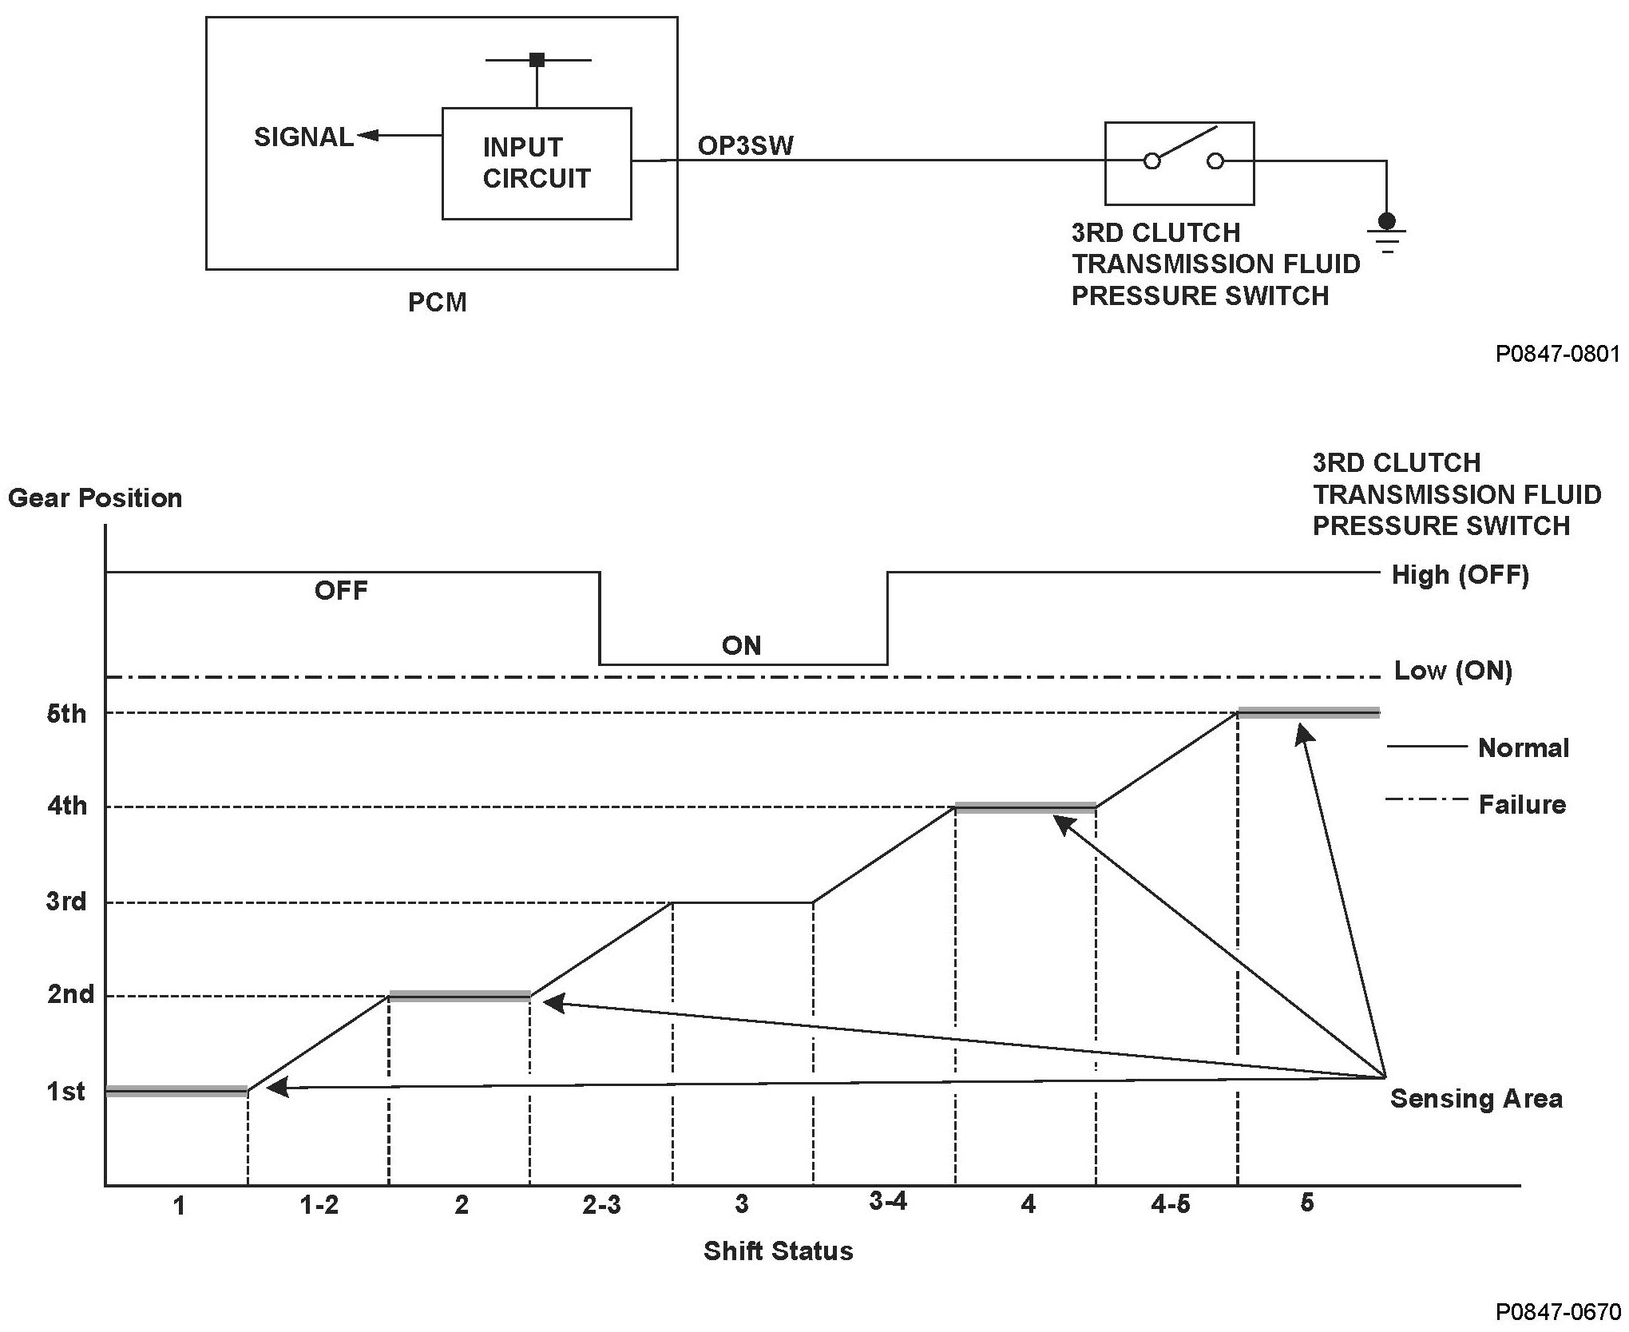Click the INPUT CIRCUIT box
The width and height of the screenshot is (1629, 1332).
tap(537, 163)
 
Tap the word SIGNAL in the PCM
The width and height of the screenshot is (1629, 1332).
tap(303, 137)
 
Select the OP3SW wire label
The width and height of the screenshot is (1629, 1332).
tap(746, 145)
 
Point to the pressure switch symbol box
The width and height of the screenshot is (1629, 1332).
tap(1179, 163)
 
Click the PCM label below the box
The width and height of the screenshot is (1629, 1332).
tap(437, 303)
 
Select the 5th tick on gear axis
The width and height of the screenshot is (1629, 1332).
tap(66, 713)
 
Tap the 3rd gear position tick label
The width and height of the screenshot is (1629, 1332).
tap(66, 902)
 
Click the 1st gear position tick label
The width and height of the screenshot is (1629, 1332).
tap(66, 1091)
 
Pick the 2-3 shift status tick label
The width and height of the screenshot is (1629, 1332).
tap(601, 1205)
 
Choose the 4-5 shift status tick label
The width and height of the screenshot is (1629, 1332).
tap(1170, 1205)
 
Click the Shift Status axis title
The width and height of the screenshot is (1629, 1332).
tap(778, 1251)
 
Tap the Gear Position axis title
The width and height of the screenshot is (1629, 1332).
tap(95, 498)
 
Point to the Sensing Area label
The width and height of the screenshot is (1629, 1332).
tap(1476, 1099)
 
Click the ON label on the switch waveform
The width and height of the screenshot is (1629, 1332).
tap(741, 645)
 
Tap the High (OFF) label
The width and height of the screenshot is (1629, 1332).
tap(1460, 575)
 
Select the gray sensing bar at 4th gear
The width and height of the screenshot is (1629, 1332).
tap(1025, 807)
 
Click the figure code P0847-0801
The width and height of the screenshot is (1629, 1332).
tap(1558, 354)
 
